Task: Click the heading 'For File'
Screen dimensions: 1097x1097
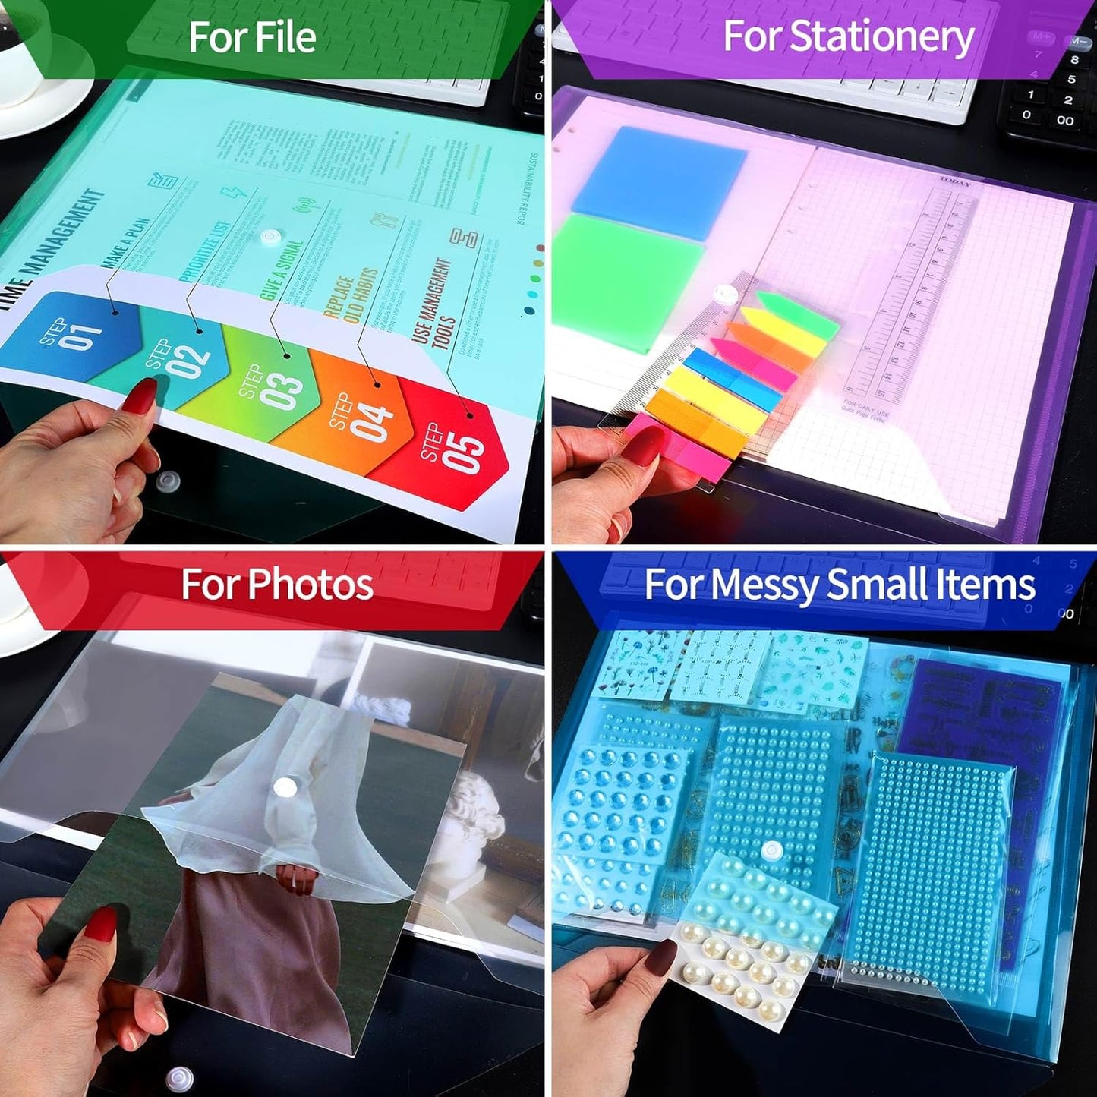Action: click(x=252, y=37)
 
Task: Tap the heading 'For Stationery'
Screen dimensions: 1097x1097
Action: click(x=848, y=36)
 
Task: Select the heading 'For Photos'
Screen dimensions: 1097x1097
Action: click(x=277, y=585)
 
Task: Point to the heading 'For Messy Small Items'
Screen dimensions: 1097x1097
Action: click(x=840, y=585)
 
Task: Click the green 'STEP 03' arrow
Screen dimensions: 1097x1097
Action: click(x=277, y=383)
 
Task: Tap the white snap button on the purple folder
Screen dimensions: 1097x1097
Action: click(x=727, y=294)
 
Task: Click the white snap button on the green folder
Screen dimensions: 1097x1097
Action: click(x=270, y=237)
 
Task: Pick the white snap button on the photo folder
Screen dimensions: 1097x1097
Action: click(x=285, y=787)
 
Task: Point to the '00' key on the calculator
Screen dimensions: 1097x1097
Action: click(x=1065, y=120)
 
